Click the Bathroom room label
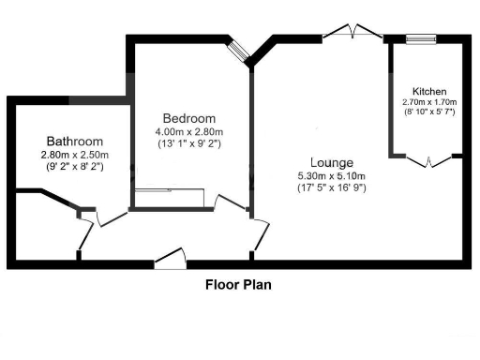(74, 142)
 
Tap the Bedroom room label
(189, 118)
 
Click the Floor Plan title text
(239, 282)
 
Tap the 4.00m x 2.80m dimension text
(189, 131)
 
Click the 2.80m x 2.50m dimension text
(74, 155)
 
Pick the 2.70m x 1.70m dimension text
(430, 103)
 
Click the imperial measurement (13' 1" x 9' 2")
(189, 143)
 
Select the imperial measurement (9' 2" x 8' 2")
(74, 167)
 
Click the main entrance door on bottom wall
(170, 258)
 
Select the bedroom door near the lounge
(230, 202)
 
